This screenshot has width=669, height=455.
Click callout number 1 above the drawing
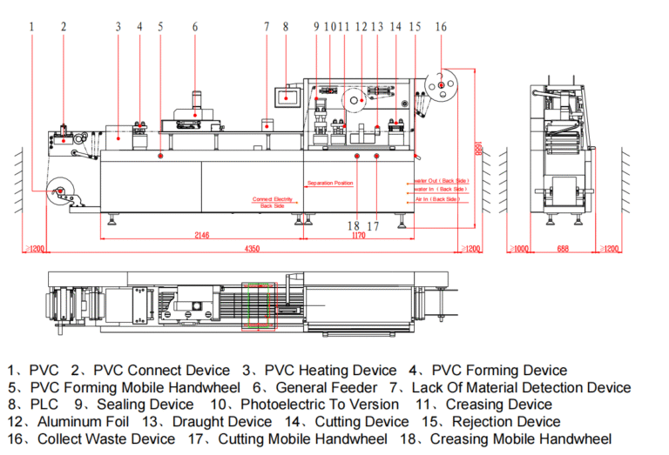tap(32, 27)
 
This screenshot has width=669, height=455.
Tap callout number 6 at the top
tap(195, 27)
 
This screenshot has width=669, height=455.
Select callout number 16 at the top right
tap(441, 27)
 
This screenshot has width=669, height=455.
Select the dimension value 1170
tap(357, 235)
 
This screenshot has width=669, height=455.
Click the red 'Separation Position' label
tap(330, 184)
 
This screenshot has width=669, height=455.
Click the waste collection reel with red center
tap(442, 84)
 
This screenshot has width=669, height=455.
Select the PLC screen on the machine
tap(286, 95)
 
